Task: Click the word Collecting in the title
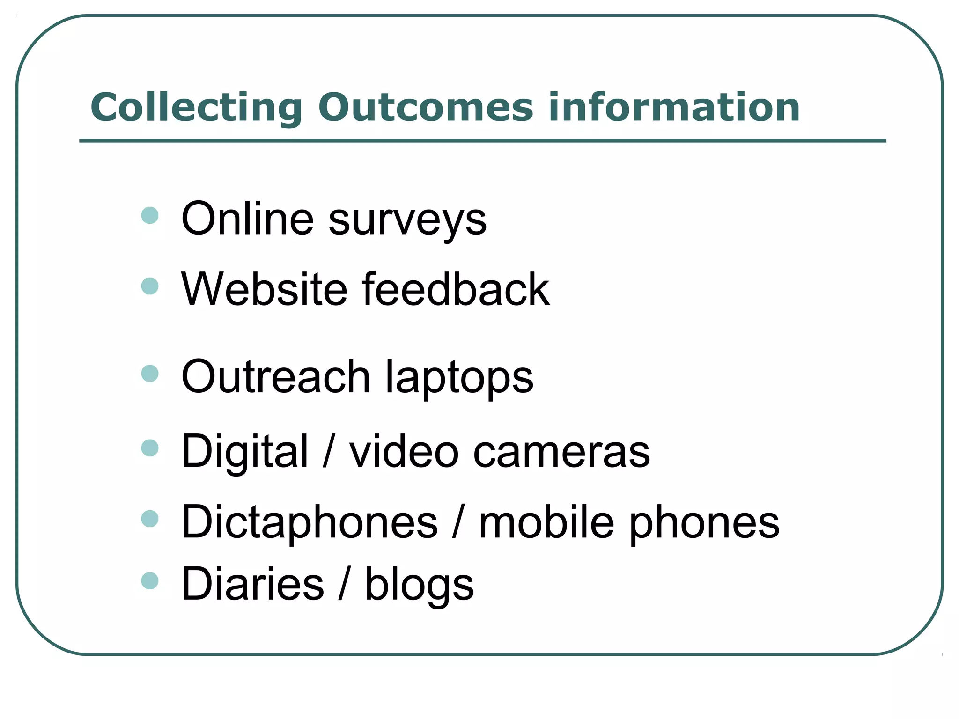(197, 108)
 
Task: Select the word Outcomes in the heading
(425, 107)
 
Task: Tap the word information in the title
(674, 107)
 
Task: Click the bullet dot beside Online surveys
(150, 216)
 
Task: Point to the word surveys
(407, 220)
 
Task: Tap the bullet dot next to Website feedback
(150, 286)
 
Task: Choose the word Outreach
(276, 377)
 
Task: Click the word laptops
(459, 379)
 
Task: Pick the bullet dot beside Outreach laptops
(150, 374)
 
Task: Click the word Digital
(245, 452)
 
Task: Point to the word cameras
(561, 453)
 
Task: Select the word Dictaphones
(310, 522)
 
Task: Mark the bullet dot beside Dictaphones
(150, 519)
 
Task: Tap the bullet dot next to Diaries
(150, 581)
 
